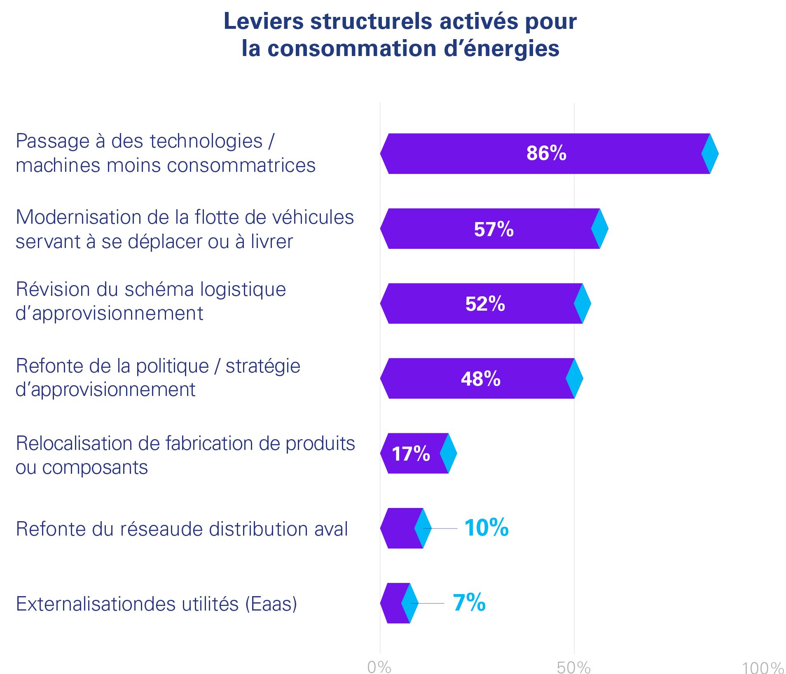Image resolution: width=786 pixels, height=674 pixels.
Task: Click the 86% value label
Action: (546, 153)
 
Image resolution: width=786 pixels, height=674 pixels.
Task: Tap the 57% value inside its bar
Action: (494, 229)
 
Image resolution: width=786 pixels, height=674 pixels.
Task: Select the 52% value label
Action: (485, 304)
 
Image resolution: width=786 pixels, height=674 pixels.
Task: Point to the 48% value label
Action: (480, 379)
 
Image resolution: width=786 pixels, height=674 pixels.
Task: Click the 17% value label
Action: (411, 454)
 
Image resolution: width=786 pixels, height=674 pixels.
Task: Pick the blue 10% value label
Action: (486, 528)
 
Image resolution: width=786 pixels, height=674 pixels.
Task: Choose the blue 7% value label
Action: (469, 603)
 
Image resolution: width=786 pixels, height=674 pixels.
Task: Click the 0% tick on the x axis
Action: (379, 667)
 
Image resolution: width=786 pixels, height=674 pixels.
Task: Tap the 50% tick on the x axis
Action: (573, 667)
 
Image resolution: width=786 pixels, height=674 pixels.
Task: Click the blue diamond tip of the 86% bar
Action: (710, 153)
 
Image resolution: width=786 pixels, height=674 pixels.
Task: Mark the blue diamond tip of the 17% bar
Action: (448, 453)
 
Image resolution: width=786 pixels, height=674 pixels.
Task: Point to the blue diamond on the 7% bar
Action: (409, 603)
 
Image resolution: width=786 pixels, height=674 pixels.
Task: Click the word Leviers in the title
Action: (264, 21)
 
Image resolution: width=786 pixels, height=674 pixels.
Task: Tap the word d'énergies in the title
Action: (501, 49)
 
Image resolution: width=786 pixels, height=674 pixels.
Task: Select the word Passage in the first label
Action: (53, 141)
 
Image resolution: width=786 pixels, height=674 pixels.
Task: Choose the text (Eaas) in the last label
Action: (271, 604)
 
